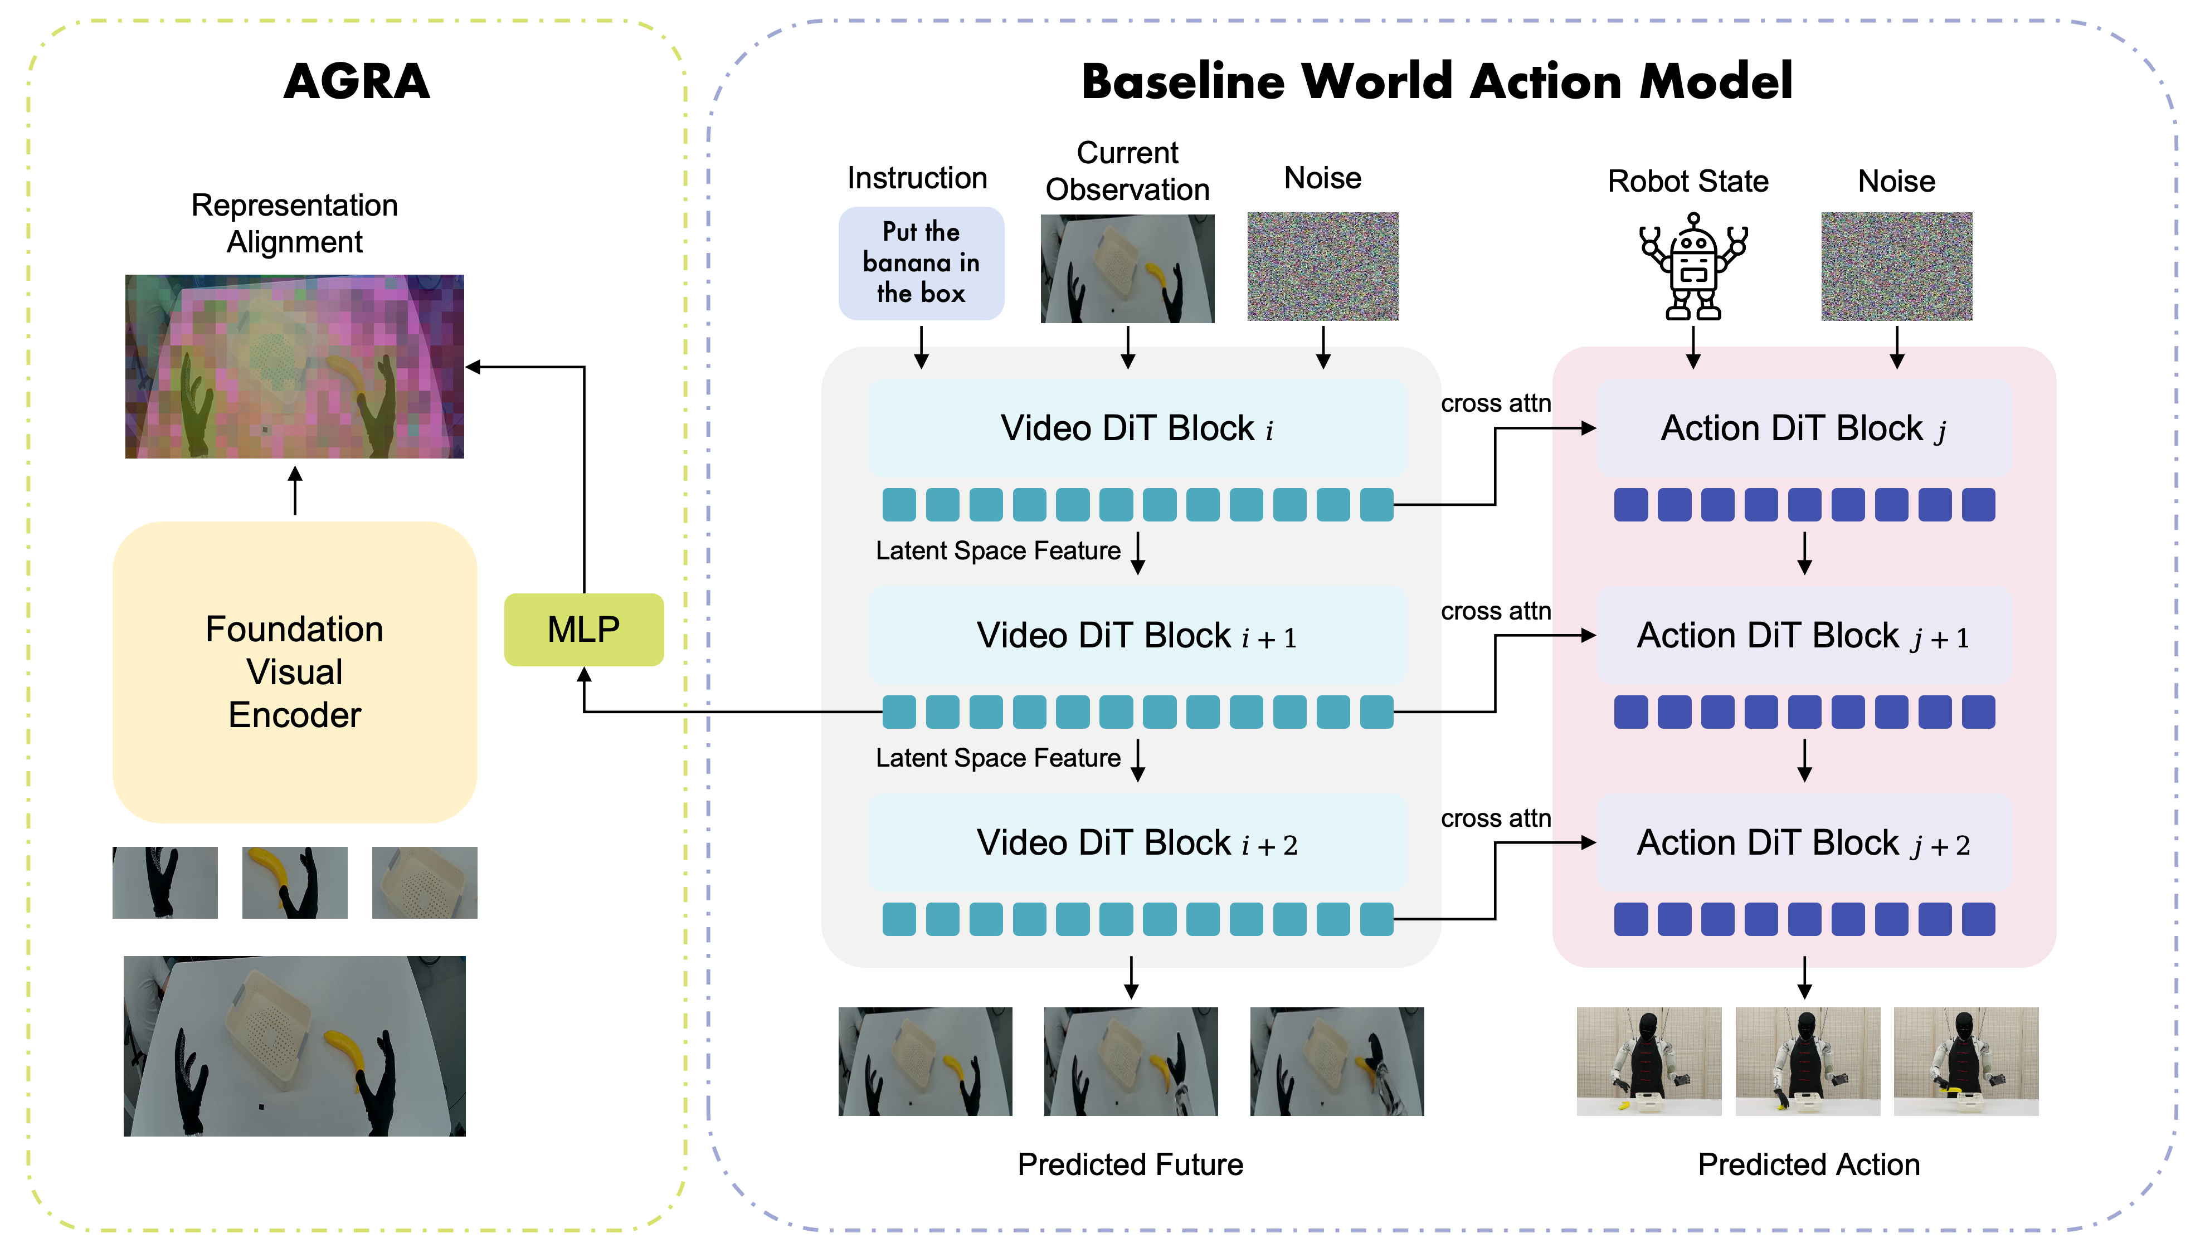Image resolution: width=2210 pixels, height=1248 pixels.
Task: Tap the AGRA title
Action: [x=356, y=81]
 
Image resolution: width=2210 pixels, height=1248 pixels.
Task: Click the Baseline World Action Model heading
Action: [x=1437, y=81]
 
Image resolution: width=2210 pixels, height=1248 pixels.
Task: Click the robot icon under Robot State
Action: [x=1693, y=267]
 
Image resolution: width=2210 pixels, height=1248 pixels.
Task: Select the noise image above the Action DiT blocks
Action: [x=1897, y=267]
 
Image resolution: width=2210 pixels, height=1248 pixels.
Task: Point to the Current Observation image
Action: [x=1127, y=269]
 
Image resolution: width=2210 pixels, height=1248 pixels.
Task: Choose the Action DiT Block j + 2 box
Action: [x=1804, y=843]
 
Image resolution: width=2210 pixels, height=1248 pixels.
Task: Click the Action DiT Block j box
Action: [x=1804, y=428]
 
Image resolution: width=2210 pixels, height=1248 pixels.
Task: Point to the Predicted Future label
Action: [x=1130, y=1164]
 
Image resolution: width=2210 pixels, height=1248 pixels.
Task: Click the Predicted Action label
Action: [x=1808, y=1164]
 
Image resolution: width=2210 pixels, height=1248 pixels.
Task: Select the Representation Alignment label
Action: [x=294, y=223]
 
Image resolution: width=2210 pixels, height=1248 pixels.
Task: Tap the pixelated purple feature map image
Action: [x=294, y=366]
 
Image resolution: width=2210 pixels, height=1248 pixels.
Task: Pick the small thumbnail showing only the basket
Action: [x=425, y=883]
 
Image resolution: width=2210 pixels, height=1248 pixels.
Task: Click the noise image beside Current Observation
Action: [x=1323, y=267]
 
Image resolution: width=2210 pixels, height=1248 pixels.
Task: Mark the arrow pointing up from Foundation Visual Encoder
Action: [x=295, y=491]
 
